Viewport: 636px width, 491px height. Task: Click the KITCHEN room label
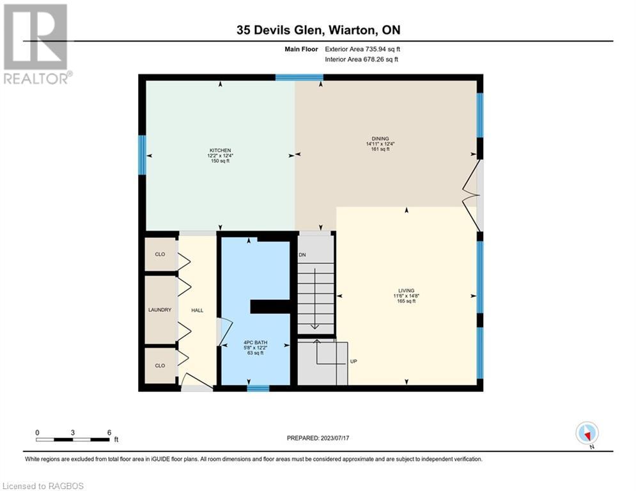pos(219,150)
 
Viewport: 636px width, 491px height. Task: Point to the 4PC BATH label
pos(256,343)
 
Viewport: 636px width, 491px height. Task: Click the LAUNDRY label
pos(160,310)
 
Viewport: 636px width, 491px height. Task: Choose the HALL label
pos(198,310)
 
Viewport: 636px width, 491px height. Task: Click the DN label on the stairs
pos(302,255)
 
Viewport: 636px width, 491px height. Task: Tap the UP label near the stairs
pos(353,361)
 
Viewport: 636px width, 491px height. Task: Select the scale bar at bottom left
pos(73,439)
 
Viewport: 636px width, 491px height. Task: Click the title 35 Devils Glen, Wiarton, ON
pos(318,30)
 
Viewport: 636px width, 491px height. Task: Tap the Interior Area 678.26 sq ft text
pos(362,59)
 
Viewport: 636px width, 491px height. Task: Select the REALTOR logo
pos(36,43)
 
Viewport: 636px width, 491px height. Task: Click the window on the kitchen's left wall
pos(143,155)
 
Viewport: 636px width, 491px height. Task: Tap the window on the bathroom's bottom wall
pos(258,388)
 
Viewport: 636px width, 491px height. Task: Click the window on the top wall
pos(299,77)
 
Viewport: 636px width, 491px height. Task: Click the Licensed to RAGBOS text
pos(43,486)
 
